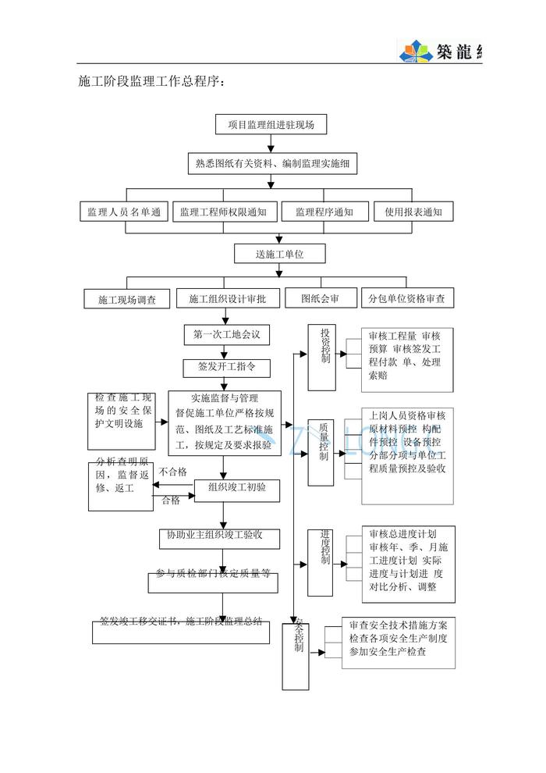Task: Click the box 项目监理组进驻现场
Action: tap(271, 125)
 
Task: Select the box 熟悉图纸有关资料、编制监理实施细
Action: tap(271, 164)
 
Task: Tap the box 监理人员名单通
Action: tap(124, 212)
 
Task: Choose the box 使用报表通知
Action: tap(413, 212)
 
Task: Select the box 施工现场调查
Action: tap(127, 299)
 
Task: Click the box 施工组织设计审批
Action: tap(227, 298)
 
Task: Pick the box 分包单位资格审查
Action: tap(407, 298)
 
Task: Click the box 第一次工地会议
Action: tap(226, 335)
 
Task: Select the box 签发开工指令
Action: tap(225, 365)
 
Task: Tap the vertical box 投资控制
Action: tap(321, 357)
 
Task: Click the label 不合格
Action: tap(172, 472)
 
